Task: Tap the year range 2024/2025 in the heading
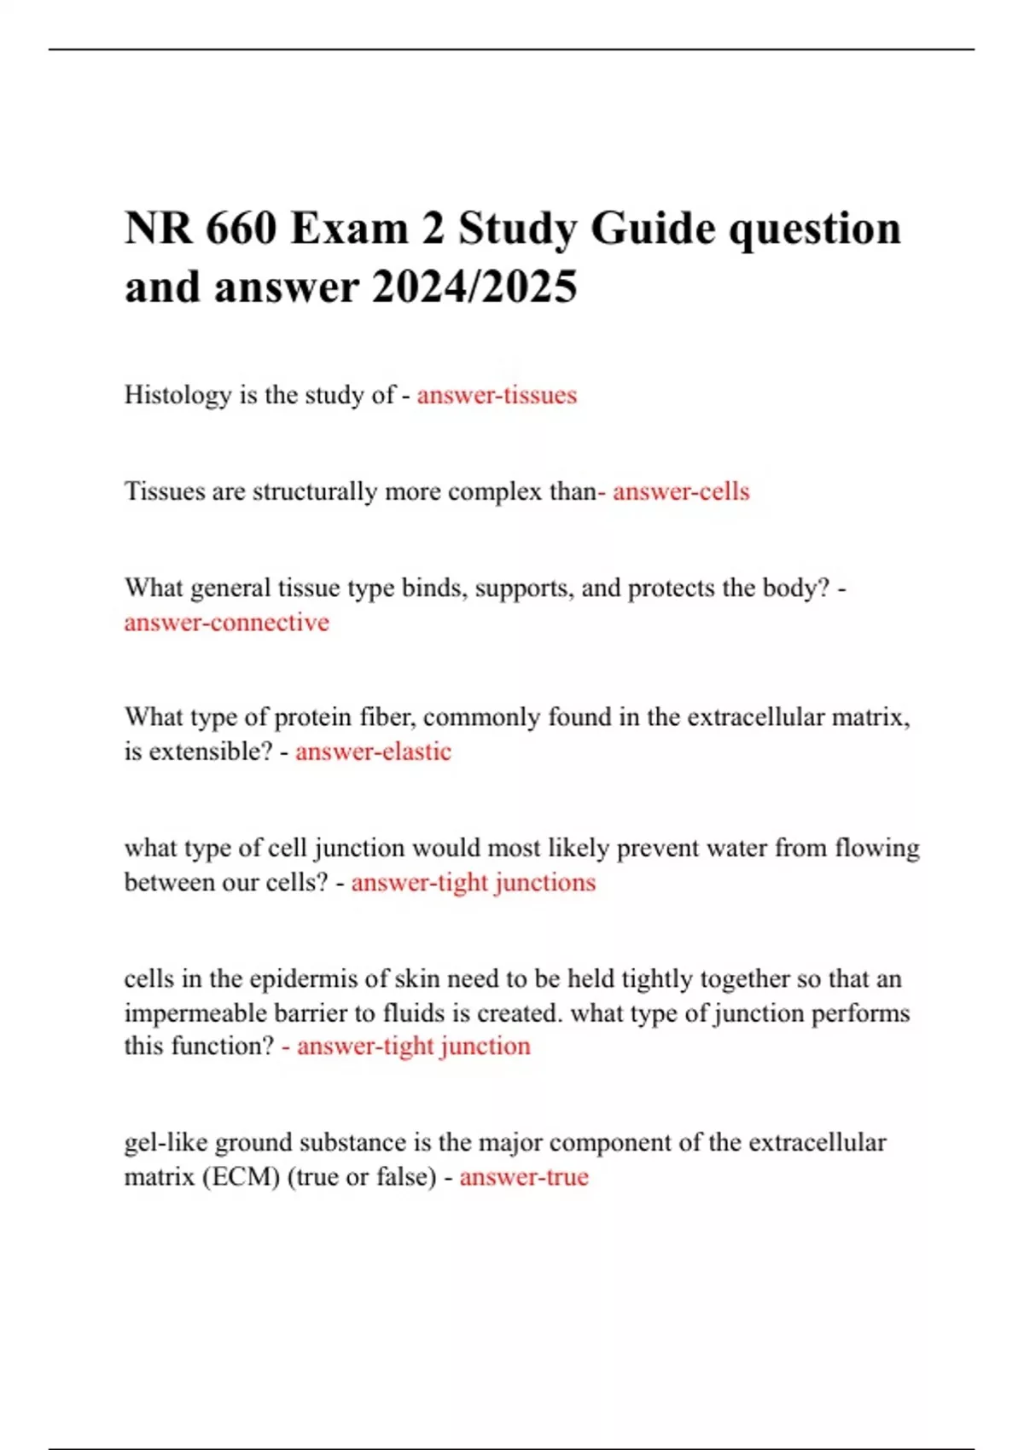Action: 474,287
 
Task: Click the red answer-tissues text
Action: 497,395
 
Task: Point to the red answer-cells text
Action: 681,491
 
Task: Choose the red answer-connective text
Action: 226,623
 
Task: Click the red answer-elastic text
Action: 373,751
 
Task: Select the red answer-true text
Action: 524,1177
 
